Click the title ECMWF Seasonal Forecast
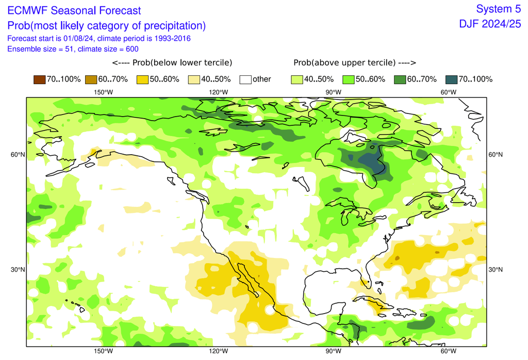[x=74, y=10]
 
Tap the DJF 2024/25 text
[x=490, y=24]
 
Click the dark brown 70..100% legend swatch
[x=39, y=79]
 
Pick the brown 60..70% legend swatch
[x=90, y=79]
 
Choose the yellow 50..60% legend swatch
[x=142, y=79]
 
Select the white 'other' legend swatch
[x=245, y=79]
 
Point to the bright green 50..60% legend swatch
[x=348, y=79]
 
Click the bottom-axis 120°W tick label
[x=219, y=352]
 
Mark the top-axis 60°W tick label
[x=448, y=92]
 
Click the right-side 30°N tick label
[x=496, y=270]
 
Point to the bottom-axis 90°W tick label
[x=333, y=352]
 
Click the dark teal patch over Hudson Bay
[x=368, y=161]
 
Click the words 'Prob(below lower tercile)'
[x=172, y=63]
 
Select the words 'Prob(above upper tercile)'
[x=355, y=63]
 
